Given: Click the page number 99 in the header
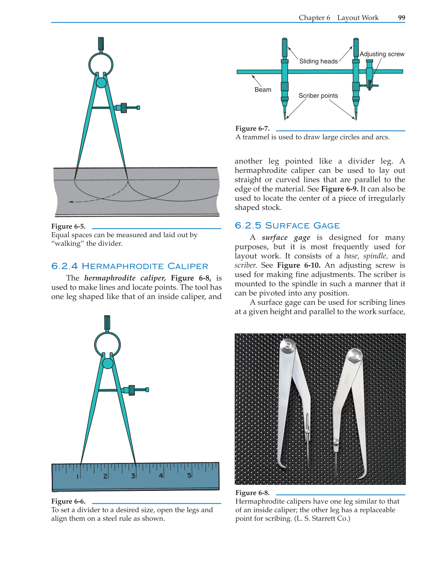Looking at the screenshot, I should (x=401, y=18).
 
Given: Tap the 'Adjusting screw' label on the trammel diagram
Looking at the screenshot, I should (x=382, y=54).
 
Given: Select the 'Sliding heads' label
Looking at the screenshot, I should (x=318, y=61).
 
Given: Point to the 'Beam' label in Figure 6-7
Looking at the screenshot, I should (x=263, y=89).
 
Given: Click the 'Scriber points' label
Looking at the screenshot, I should (x=318, y=96).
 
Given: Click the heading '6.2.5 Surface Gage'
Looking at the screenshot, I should (x=287, y=225).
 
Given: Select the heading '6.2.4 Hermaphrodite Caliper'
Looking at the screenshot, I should (x=130, y=266).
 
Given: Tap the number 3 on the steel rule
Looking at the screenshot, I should (x=133, y=476).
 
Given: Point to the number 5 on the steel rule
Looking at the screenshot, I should (x=189, y=475).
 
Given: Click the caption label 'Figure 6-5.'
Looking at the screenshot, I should (x=68, y=226).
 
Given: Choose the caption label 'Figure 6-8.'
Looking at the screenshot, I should (x=252, y=493).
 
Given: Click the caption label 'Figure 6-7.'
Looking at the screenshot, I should (x=252, y=128).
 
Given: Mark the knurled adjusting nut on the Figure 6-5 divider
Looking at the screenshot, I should (x=124, y=108).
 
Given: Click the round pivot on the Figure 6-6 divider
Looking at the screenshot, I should (x=108, y=363).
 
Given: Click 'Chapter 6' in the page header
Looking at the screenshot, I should (x=314, y=18).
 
